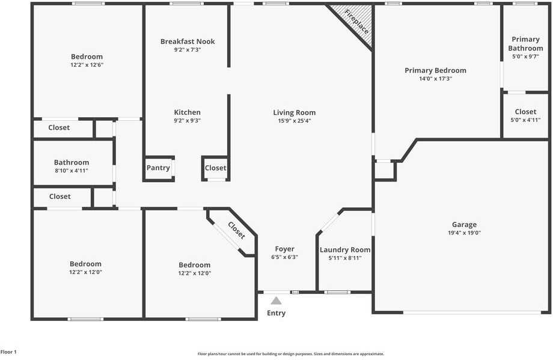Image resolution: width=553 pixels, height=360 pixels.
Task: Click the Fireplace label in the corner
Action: tap(356, 20)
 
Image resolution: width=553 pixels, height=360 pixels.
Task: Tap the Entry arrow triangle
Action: tap(276, 301)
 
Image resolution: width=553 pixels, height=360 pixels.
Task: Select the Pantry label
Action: tap(158, 168)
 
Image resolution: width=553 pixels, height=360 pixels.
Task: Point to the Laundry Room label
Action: tap(345, 250)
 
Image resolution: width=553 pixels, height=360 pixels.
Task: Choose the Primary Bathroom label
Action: tap(525, 44)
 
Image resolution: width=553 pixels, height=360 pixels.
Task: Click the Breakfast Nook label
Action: tap(188, 41)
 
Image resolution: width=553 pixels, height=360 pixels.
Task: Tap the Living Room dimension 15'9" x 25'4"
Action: tap(294, 121)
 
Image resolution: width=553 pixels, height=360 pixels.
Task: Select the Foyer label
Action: tap(284, 249)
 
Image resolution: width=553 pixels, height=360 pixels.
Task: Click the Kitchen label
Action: tap(187, 112)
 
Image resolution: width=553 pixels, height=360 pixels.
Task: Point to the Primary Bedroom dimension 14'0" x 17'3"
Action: tap(435, 79)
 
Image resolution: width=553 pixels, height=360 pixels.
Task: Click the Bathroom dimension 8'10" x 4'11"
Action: tap(71, 171)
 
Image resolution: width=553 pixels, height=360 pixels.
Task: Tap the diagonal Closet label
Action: tap(236, 230)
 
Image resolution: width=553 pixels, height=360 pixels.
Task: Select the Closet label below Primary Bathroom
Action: tap(525, 112)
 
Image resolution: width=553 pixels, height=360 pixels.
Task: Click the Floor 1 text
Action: tap(8, 352)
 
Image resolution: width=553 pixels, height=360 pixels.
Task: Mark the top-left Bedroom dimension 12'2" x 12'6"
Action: tap(87, 65)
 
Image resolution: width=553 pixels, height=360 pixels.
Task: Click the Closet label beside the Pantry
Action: tap(216, 168)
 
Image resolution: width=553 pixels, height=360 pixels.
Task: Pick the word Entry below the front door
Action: tap(276, 313)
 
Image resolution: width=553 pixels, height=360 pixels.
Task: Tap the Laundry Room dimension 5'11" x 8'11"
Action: tap(345, 258)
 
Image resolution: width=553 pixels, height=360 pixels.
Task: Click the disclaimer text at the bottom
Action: tap(291, 354)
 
